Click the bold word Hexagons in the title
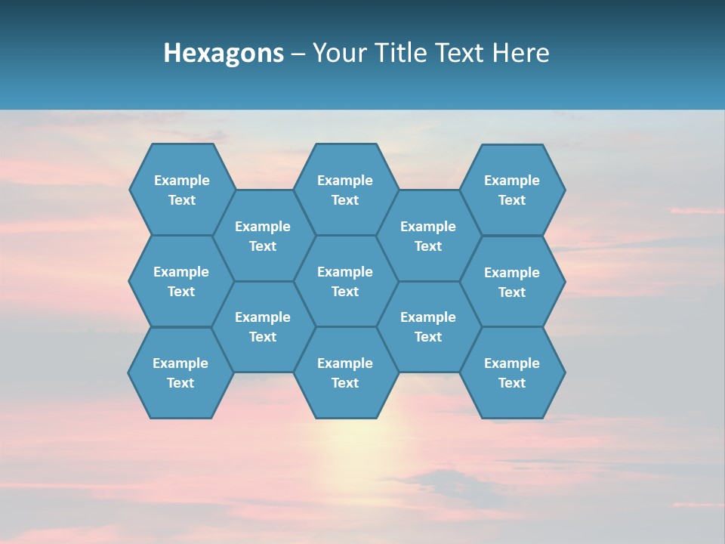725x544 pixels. click(224, 54)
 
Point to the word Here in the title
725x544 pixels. click(521, 54)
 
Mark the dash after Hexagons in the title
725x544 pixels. click(298, 54)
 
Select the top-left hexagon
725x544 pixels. click(181, 190)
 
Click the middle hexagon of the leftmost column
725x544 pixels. click(181, 281)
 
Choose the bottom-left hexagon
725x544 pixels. click(180, 372)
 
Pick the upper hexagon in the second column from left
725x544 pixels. click(263, 236)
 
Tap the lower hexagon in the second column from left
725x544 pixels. click(263, 326)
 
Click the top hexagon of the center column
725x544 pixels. click(345, 190)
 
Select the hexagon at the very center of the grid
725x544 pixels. click(345, 281)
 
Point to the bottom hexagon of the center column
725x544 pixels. click(345, 372)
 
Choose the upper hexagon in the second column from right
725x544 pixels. click(428, 236)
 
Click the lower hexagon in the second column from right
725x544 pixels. click(428, 326)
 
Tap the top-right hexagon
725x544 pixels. click(512, 190)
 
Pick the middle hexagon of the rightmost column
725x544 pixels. click(512, 282)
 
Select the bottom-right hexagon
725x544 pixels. click(512, 372)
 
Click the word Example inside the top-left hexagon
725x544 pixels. click(181, 181)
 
